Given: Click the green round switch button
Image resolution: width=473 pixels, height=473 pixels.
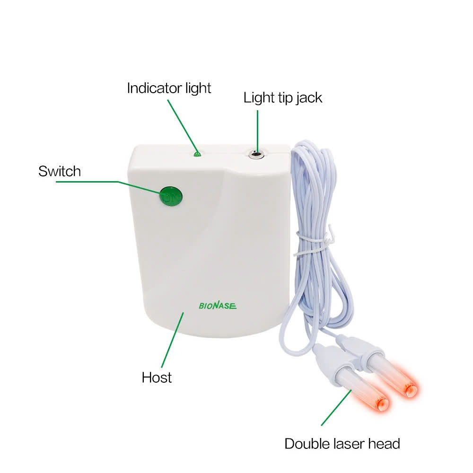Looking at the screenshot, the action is pos(170,197).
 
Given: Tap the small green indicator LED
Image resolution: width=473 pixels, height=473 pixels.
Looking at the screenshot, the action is pos(197,154).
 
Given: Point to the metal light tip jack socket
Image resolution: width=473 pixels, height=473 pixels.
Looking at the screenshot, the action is pos(256,155).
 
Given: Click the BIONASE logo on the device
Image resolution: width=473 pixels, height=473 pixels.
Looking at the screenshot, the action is pos(218,306).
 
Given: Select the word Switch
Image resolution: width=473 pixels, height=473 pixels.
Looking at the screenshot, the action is pos(60,171).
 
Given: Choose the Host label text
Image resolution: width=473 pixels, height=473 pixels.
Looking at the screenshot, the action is pos(157,377).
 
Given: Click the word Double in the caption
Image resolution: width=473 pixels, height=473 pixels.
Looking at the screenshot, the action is pos(307,444).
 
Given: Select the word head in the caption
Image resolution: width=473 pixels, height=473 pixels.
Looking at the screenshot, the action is pos(384,444).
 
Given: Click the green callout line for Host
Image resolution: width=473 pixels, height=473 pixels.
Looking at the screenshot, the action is pos(173,340).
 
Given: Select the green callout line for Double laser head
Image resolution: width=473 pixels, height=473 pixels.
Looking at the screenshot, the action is pos(336,408).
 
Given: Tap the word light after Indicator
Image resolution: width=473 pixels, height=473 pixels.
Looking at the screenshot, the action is pos(198,88).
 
